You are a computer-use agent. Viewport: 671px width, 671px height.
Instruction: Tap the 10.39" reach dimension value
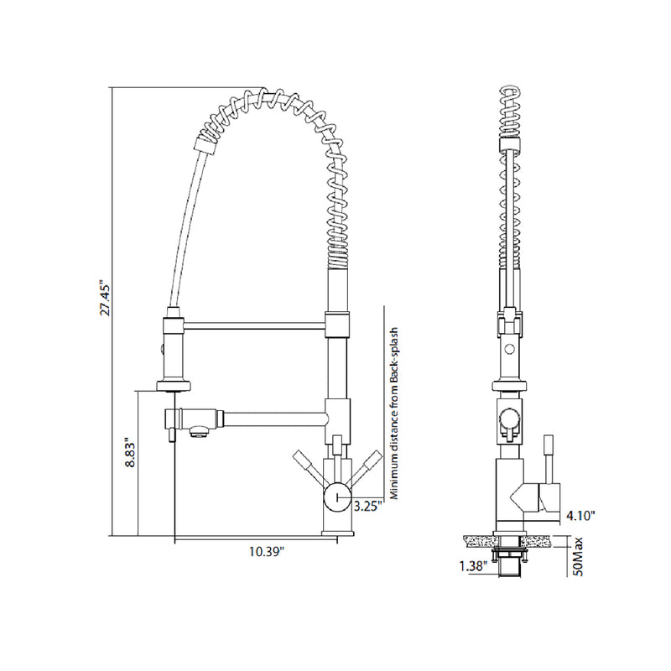coord(267,551)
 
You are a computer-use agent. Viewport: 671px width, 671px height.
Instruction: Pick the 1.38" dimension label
coord(474,566)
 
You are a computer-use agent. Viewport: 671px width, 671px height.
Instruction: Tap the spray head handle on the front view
coord(171,352)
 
